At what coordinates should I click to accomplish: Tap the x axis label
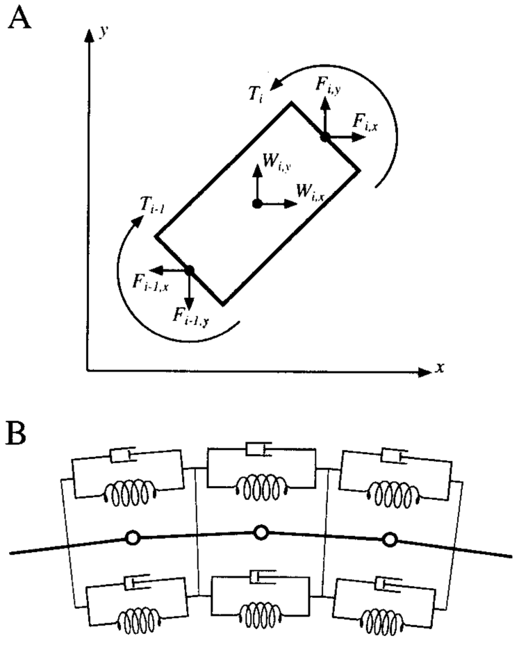(440, 368)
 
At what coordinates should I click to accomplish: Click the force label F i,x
(365, 122)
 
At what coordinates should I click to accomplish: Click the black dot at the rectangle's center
(257, 204)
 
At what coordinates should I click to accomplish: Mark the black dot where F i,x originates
(324, 137)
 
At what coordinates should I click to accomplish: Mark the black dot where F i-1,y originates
(189, 269)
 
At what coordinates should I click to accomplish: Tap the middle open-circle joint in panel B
(261, 533)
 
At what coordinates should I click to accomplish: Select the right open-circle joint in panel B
(390, 539)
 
